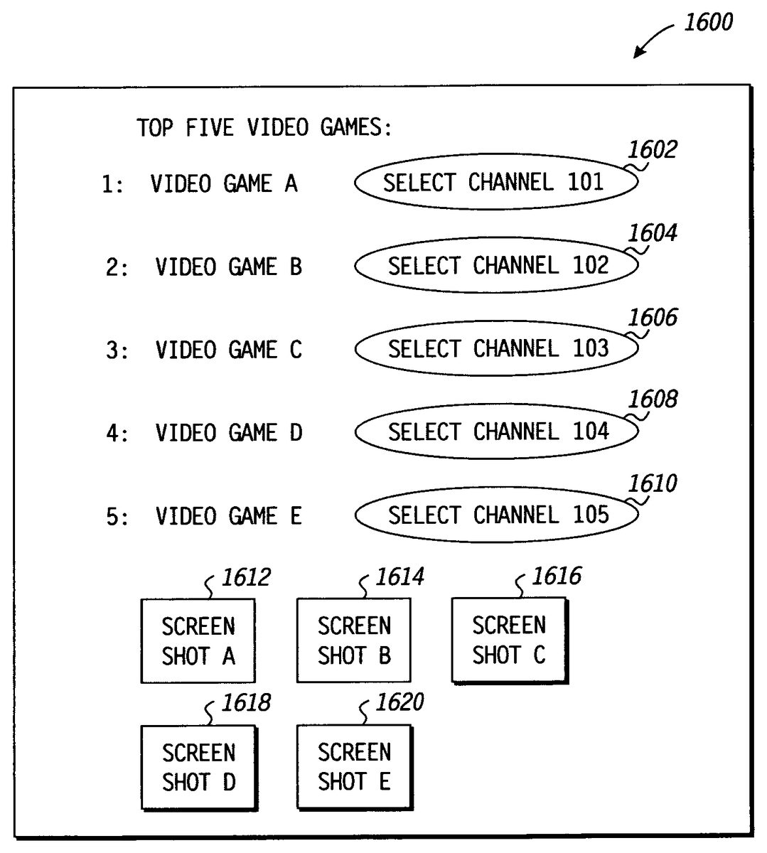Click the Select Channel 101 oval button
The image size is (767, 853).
click(495, 183)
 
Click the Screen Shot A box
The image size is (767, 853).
click(198, 640)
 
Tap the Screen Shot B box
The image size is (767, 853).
click(353, 640)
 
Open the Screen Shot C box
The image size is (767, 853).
click(509, 640)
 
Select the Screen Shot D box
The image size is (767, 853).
click(198, 767)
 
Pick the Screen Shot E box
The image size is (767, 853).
click(353, 767)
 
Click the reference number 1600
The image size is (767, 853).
click(707, 23)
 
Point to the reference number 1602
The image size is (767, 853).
click(652, 150)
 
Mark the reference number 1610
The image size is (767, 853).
click(652, 484)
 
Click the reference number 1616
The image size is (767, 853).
click(556, 576)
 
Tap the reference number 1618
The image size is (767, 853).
click(245, 703)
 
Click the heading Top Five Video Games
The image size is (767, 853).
click(264, 128)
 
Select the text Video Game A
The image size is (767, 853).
click(223, 184)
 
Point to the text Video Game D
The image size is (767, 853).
click(228, 433)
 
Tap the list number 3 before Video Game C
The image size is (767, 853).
click(112, 350)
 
